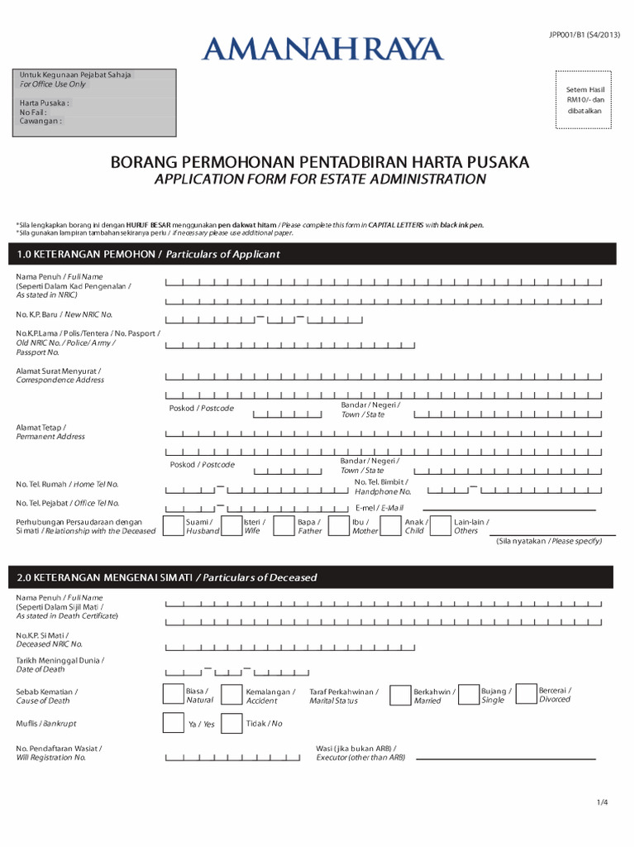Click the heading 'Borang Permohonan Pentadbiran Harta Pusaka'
coord(320,162)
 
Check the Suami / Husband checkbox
coord(174,526)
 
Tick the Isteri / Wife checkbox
coord(230,526)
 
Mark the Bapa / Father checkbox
coord(284,526)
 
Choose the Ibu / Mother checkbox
coord(339,526)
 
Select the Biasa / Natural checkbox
coord(174,695)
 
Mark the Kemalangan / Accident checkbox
coord(233,695)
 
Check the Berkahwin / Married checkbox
coord(400,695)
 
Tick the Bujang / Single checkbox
coord(468,695)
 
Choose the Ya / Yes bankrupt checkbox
coord(174,724)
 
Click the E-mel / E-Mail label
coord(379,507)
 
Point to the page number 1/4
coord(601,802)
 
